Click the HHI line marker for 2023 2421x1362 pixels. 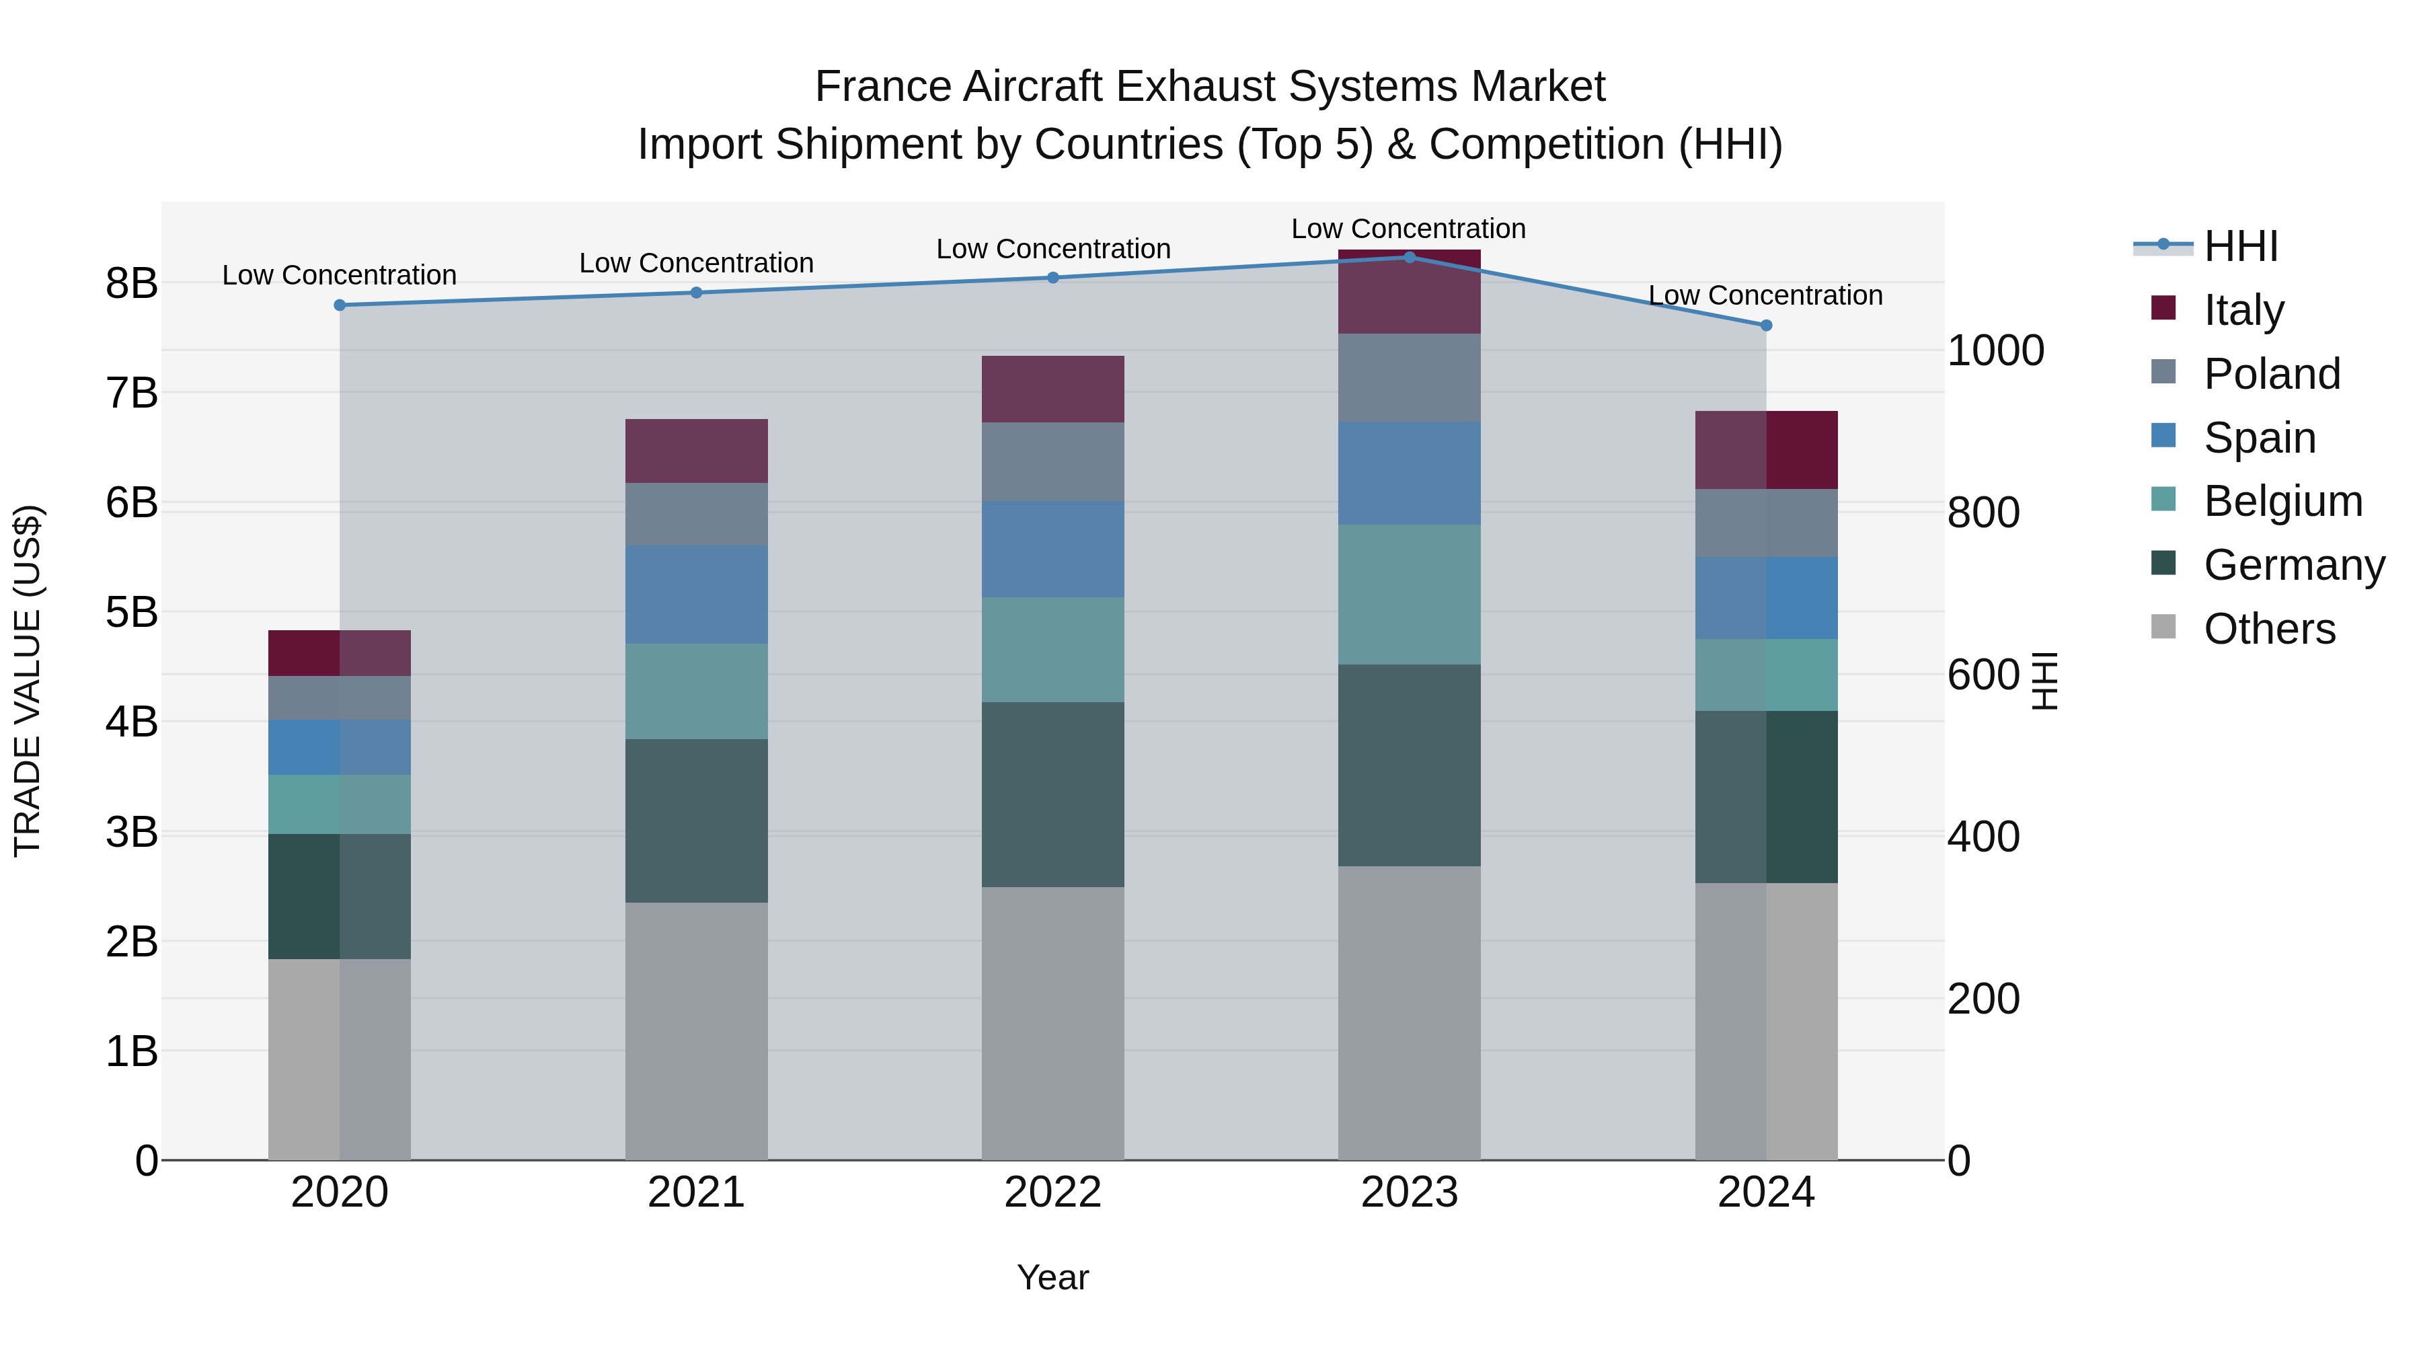(1409, 257)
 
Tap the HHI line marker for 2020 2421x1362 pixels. (340, 305)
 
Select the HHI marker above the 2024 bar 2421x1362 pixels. (1766, 326)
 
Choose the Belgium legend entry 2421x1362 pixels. (2282, 501)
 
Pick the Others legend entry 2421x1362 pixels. (2269, 629)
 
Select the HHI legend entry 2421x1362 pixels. (2241, 246)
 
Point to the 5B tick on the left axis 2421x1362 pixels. (132, 613)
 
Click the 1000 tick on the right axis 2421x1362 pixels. (1995, 350)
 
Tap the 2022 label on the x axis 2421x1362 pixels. (1052, 1193)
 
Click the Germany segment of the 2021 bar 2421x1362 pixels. (697, 821)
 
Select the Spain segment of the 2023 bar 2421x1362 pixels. (1409, 473)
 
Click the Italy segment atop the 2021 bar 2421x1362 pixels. (697, 451)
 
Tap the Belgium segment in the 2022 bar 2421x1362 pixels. (1052, 650)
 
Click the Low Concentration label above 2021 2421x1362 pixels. (697, 263)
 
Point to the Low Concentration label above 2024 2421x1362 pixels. (1765, 295)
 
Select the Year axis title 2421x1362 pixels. (1052, 1277)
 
